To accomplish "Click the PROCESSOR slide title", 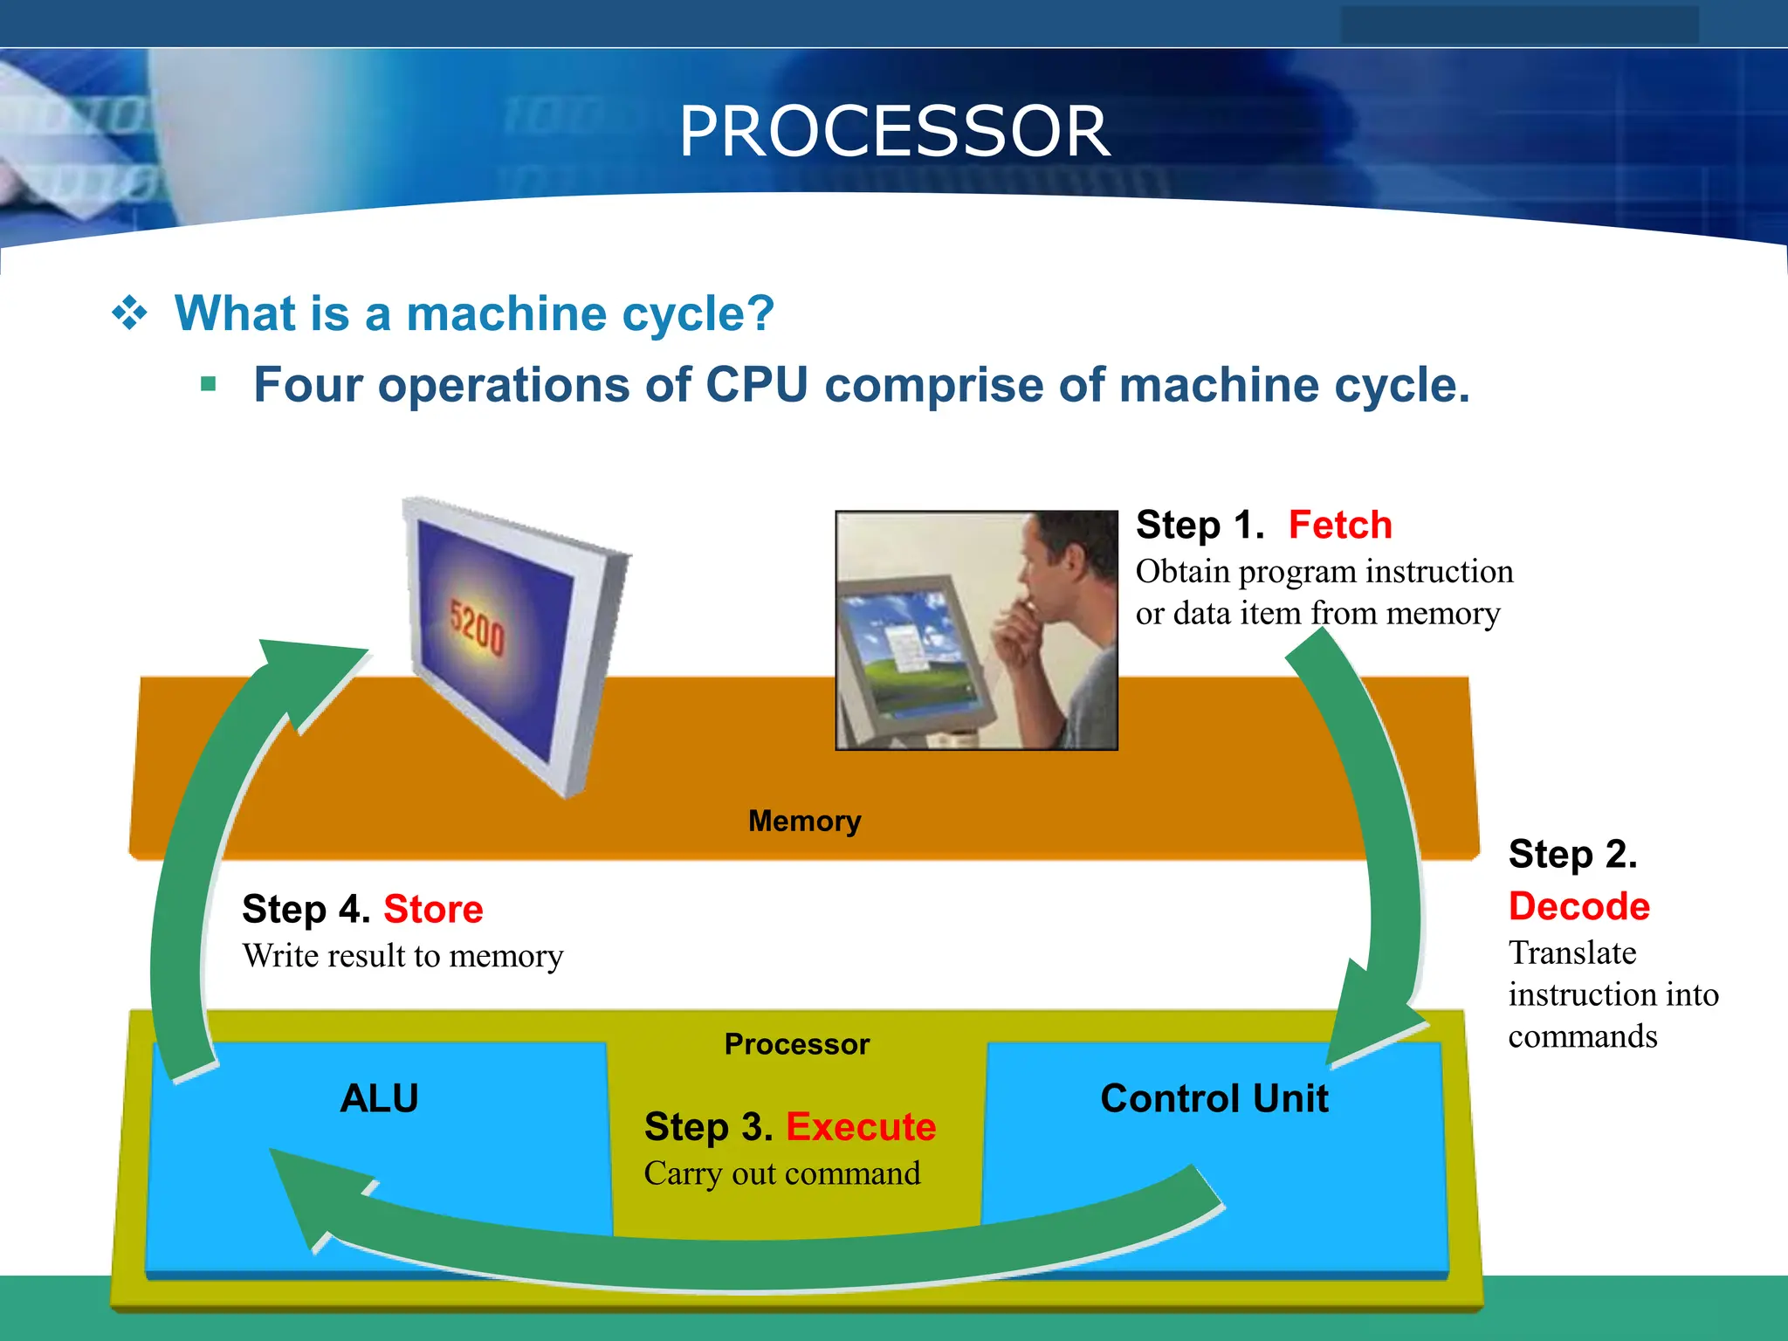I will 894,131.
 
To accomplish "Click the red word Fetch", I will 1340,526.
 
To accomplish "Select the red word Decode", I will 1578,906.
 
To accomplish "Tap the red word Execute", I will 861,1127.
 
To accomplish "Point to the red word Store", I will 433,910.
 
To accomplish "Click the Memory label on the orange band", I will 804,822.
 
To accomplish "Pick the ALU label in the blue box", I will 379,1098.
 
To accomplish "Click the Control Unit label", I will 1214,1098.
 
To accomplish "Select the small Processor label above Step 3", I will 797,1044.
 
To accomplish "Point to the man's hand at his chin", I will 1018,637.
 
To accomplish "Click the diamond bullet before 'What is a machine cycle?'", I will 130,313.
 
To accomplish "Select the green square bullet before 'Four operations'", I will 208,384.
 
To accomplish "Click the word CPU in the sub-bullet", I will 756,385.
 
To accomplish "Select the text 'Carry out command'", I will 782,1173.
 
